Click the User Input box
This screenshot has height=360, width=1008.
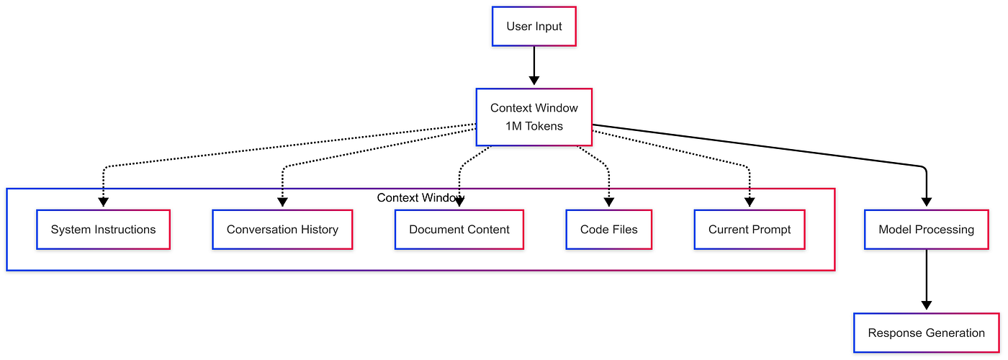pos(534,27)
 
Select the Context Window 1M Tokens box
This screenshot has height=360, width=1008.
pos(534,117)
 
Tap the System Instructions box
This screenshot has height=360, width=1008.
pos(103,230)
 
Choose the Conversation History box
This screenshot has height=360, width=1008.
pos(282,230)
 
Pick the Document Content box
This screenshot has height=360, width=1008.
pos(459,230)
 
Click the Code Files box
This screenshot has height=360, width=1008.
pos(608,230)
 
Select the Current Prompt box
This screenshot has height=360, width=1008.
pos(749,230)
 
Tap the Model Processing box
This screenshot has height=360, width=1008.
pos(926,230)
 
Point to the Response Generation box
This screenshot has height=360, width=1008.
pos(926,333)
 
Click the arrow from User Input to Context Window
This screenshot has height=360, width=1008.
pos(534,66)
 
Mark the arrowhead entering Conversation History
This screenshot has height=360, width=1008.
pos(282,203)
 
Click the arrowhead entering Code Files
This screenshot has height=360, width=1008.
pos(609,203)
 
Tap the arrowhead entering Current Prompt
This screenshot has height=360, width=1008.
pos(750,203)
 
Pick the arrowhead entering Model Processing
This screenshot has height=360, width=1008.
pos(926,203)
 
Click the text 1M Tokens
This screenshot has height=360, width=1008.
pos(534,126)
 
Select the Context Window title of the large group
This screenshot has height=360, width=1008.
pos(420,197)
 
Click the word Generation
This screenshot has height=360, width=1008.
pos(952,333)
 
